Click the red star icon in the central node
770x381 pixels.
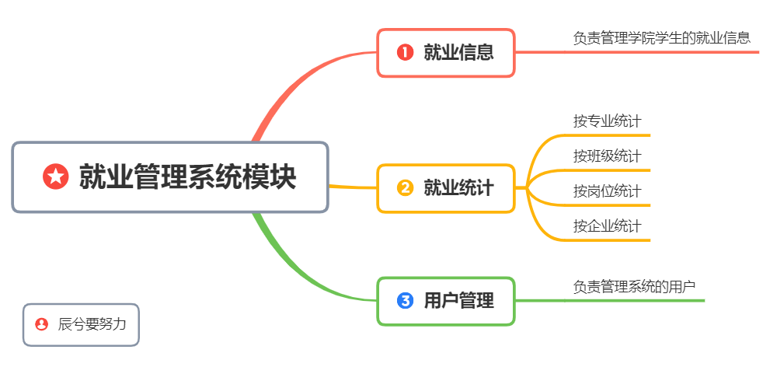pyautogui.click(x=55, y=177)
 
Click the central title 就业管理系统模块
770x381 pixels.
pyautogui.click(x=187, y=177)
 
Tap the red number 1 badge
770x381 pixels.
pyautogui.click(x=405, y=52)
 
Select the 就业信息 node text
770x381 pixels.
pyautogui.click(x=458, y=52)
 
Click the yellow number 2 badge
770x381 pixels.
pyautogui.click(x=405, y=188)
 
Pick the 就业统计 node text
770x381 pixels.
pyautogui.click(x=458, y=188)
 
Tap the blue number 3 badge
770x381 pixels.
pyautogui.click(x=405, y=301)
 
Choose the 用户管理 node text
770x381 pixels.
pyautogui.click(x=458, y=301)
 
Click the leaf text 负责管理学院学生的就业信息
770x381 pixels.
pyautogui.click(x=661, y=37)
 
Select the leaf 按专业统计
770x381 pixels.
pyautogui.click(x=607, y=121)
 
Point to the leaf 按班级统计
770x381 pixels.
pyautogui.click(x=607, y=156)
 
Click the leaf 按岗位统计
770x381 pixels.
pyautogui.click(x=607, y=190)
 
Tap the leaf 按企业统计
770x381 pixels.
pyautogui.click(x=607, y=226)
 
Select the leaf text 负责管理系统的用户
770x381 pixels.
pyautogui.click(x=634, y=286)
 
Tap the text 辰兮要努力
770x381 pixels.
pyautogui.click(x=92, y=324)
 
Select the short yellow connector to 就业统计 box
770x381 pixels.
pyautogui.click(x=352, y=187)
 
